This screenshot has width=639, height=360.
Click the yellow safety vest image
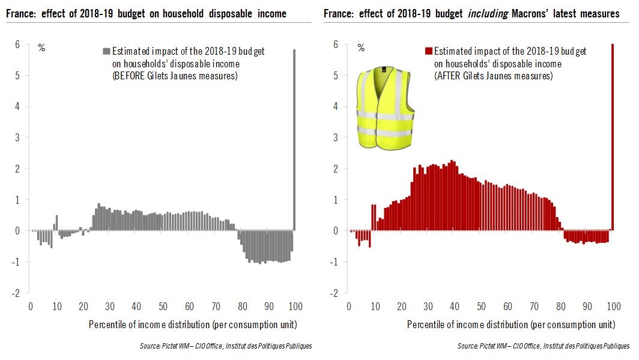point(385,109)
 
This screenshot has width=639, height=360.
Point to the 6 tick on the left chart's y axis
point(17,44)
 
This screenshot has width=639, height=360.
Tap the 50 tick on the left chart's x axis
point(162,307)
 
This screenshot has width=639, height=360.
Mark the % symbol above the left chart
point(41,47)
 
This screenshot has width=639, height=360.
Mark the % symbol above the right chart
point(360,47)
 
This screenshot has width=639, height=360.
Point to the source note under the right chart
point(544,346)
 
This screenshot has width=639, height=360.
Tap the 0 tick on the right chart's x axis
point(348,307)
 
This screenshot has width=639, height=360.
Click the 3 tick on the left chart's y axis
point(17,138)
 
